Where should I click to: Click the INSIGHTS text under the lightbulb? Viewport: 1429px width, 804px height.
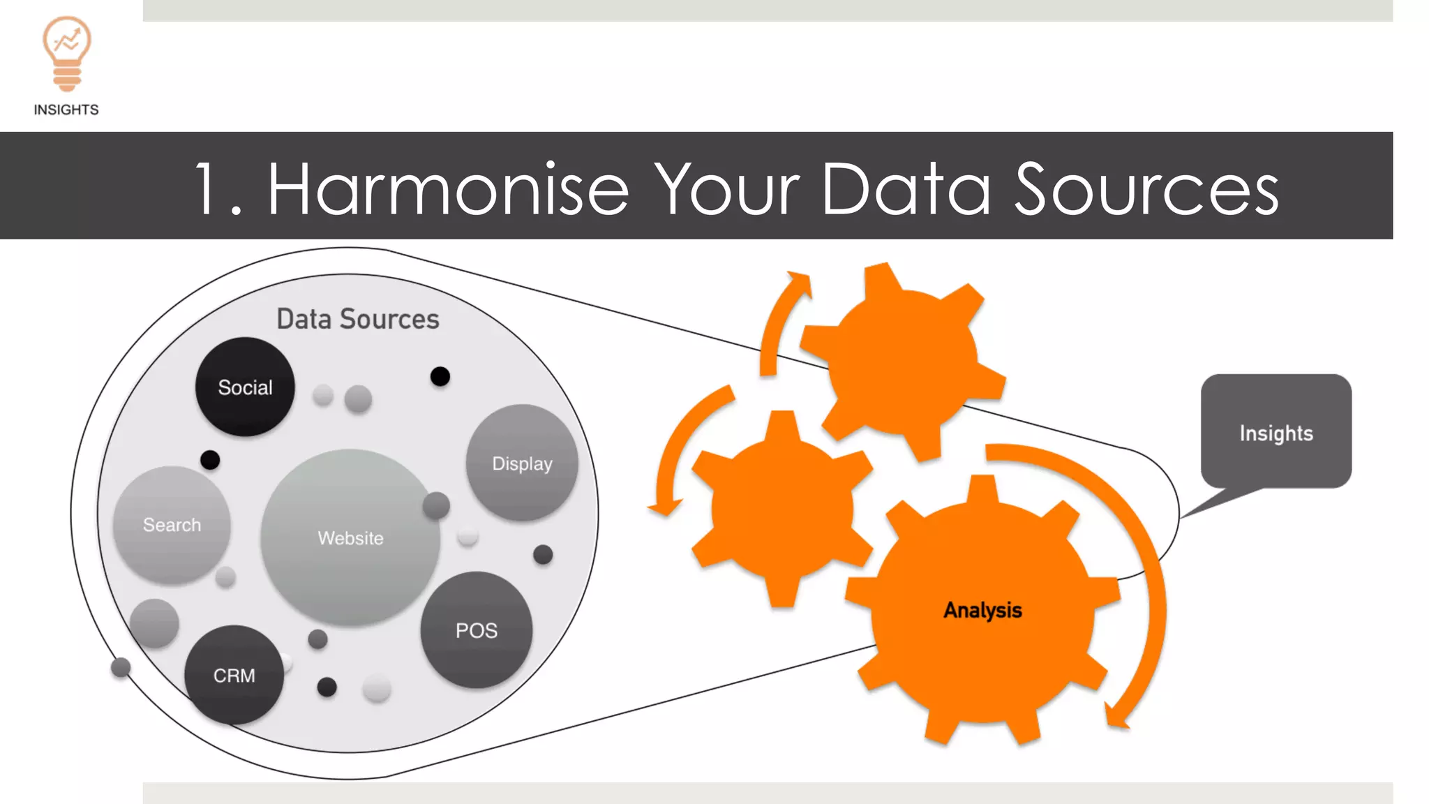66,110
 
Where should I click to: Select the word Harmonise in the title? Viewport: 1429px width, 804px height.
447,189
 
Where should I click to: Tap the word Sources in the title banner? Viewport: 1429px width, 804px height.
1146,189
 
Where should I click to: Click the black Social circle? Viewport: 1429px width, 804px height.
245,387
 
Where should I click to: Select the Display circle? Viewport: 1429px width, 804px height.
522,463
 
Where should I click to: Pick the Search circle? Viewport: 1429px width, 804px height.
172,525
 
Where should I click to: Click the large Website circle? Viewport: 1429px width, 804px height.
350,537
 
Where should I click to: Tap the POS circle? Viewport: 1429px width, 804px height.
477,630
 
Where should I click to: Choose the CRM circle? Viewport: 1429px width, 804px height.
234,676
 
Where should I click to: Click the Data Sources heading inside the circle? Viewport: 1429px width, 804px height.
358,319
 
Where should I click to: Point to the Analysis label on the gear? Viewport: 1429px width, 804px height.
982,610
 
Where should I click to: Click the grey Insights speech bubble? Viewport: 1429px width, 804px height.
1276,433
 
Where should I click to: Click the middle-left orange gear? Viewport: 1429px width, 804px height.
781,508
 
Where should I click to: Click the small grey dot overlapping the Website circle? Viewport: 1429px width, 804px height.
436,505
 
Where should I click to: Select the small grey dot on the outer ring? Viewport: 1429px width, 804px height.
121,667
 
